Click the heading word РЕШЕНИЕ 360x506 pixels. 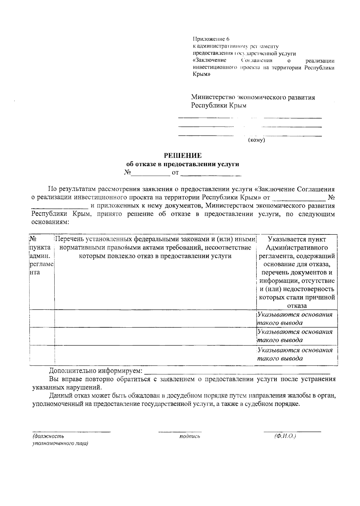pyautogui.click(x=182, y=156)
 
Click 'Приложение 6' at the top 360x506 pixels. pyautogui.click(x=211, y=39)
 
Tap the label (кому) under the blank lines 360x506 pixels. pyautogui.click(x=256, y=140)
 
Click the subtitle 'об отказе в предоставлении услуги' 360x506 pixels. pyautogui.click(x=182, y=164)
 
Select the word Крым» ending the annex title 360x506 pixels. pyautogui.click(x=201, y=75)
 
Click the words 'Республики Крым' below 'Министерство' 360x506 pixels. pyautogui.click(x=219, y=106)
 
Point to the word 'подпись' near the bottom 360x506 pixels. pyautogui.click(x=190, y=436)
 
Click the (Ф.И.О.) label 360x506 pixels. pyautogui.click(x=285, y=436)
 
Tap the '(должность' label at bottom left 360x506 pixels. pyautogui.click(x=48, y=436)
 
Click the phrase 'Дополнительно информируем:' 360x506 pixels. pyautogui.click(x=96, y=371)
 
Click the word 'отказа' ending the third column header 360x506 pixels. pyautogui.click(x=297, y=306)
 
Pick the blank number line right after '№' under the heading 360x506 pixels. pyautogui.click(x=151, y=173)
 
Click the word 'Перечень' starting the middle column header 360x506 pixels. pyautogui.click(x=69, y=239)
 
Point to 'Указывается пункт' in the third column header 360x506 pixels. pyautogui.click(x=297, y=239)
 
